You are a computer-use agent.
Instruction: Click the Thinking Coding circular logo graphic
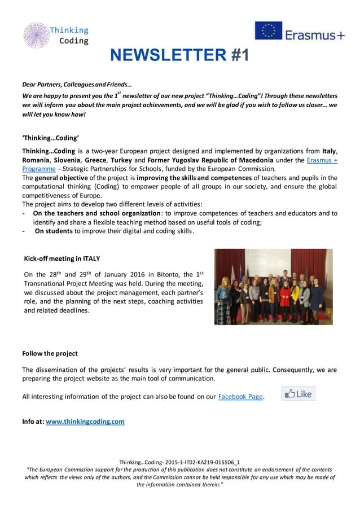pyautogui.click(x=36, y=35)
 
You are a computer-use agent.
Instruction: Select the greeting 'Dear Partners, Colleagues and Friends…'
pyautogui.click(x=77, y=84)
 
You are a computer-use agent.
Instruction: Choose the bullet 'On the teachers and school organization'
pyautogui.click(x=98, y=213)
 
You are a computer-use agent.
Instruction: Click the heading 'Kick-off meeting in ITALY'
pyautogui.click(x=62, y=258)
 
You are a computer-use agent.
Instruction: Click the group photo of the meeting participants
pyautogui.click(x=273, y=286)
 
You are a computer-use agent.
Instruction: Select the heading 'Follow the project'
pyautogui.click(x=50, y=353)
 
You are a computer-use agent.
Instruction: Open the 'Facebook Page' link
pyautogui.click(x=240, y=396)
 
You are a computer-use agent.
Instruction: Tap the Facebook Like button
pyautogui.click(x=298, y=394)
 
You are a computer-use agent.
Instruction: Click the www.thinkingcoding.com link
pyautogui.click(x=85, y=421)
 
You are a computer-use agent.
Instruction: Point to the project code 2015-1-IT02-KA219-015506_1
pyautogui.click(x=195, y=462)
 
